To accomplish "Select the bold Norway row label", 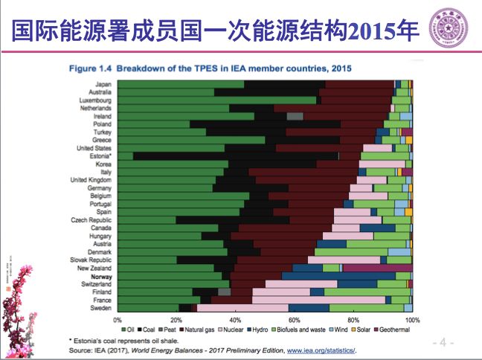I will coord(101,276).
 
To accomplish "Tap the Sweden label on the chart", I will coord(101,308).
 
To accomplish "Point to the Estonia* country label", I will coord(100,156).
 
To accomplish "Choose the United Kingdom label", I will coord(91,180).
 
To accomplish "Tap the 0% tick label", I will coord(118,320).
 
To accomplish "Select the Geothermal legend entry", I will coord(394,328).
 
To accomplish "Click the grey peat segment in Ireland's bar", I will coord(295,116).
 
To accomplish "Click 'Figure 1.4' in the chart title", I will coord(90,68).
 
